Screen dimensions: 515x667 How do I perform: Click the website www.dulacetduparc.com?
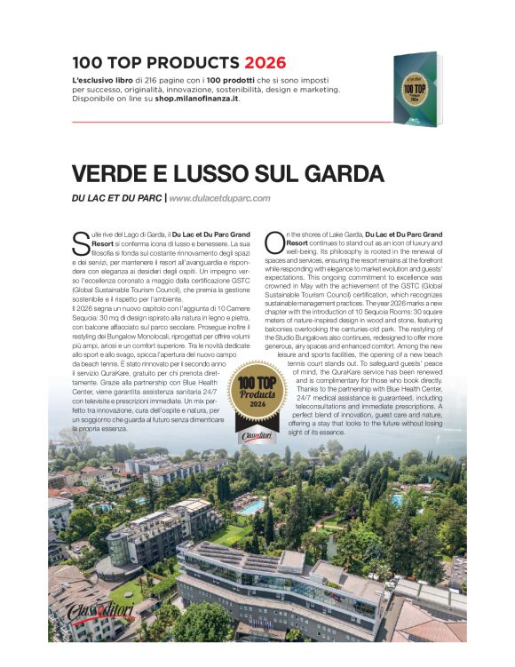point(219,198)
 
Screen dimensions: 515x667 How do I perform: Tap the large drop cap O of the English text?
point(273,238)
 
